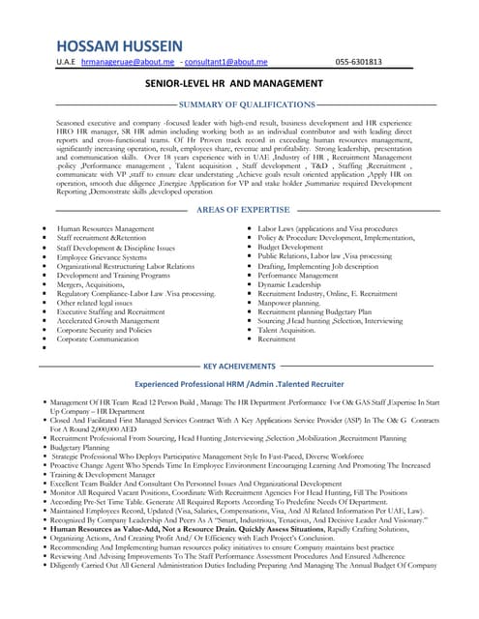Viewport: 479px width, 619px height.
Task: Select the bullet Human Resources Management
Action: pyautogui.click(x=105, y=228)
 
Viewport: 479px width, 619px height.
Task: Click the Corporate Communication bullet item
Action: pyautogui.click(x=105, y=339)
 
